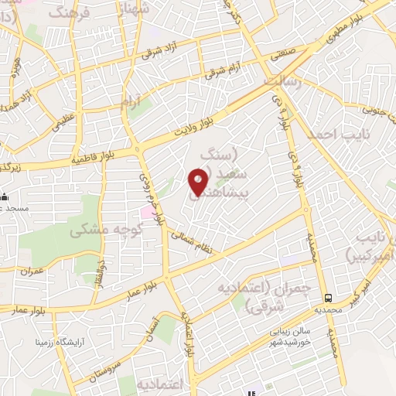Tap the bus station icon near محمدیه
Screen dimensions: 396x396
coord(329,297)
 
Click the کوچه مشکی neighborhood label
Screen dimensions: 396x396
coord(105,230)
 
